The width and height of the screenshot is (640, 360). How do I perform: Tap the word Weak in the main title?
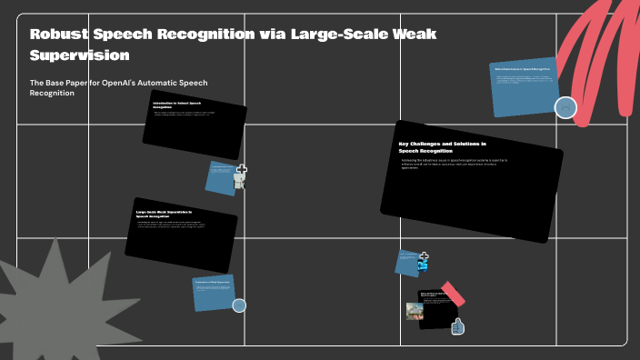point(410,35)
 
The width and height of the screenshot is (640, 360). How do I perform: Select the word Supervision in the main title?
point(79,55)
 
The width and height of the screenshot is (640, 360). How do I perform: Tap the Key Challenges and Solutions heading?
point(442,146)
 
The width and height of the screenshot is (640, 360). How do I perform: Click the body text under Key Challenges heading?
point(455,164)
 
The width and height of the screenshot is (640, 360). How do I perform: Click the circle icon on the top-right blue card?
point(565,108)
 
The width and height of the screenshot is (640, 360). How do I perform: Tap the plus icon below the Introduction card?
point(242,170)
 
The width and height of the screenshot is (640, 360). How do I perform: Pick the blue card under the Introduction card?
point(221,177)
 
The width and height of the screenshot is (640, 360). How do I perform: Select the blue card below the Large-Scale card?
point(213,292)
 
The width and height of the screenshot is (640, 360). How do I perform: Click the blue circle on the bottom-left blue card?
point(239,305)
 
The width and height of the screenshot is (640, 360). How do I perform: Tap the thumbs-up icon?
point(458,325)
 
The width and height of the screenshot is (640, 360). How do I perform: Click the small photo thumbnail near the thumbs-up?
point(415,311)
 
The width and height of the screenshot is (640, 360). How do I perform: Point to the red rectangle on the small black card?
point(452,295)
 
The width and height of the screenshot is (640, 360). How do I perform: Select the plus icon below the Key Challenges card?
point(424,256)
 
